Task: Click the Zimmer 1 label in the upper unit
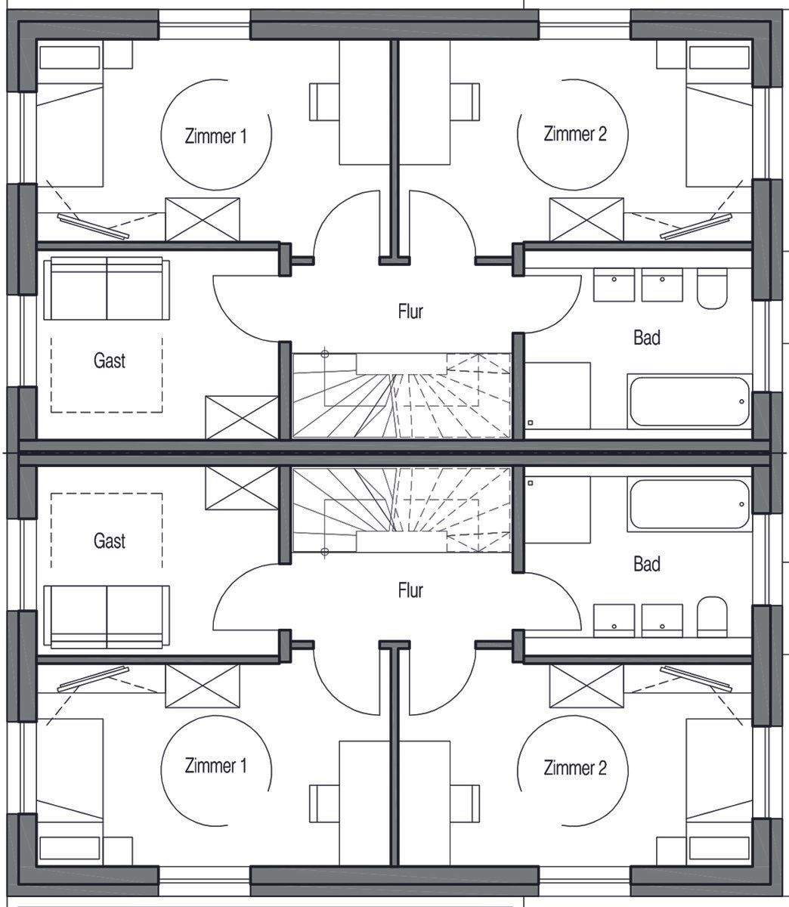pyautogui.click(x=215, y=136)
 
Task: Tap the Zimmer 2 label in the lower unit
pyautogui.click(x=575, y=768)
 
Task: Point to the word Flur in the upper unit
pyautogui.click(x=410, y=311)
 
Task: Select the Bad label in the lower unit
pyautogui.click(x=647, y=564)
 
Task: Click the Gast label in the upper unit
pyautogui.click(x=110, y=361)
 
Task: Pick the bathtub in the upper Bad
pyautogui.click(x=689, y=401)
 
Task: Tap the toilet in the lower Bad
pyautogui.click(x=712, y=617)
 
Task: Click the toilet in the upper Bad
pyautogui.click(x=712, y=288)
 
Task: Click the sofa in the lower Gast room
pyautogui.click(x=107, y=617)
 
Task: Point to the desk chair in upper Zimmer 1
pyautogui.click(x=324, y=101)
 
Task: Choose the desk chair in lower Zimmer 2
pyautogui.click(x=465, y=803)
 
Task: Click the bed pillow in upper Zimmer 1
pyautogui.click(x=70, y=57)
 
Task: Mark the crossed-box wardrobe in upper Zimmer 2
pyautogui.click(x=586, y=219)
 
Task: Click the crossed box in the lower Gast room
pyautogui.click(x=242, y=488)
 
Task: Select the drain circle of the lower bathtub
pyautogui.click(x=741, y=504)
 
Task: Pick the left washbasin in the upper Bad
pyautogui.click(x=614, y=285)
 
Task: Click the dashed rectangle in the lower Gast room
pyautogui.click(x=107, y=531)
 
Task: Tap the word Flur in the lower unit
pyautogui.click(x=410, y=590)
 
